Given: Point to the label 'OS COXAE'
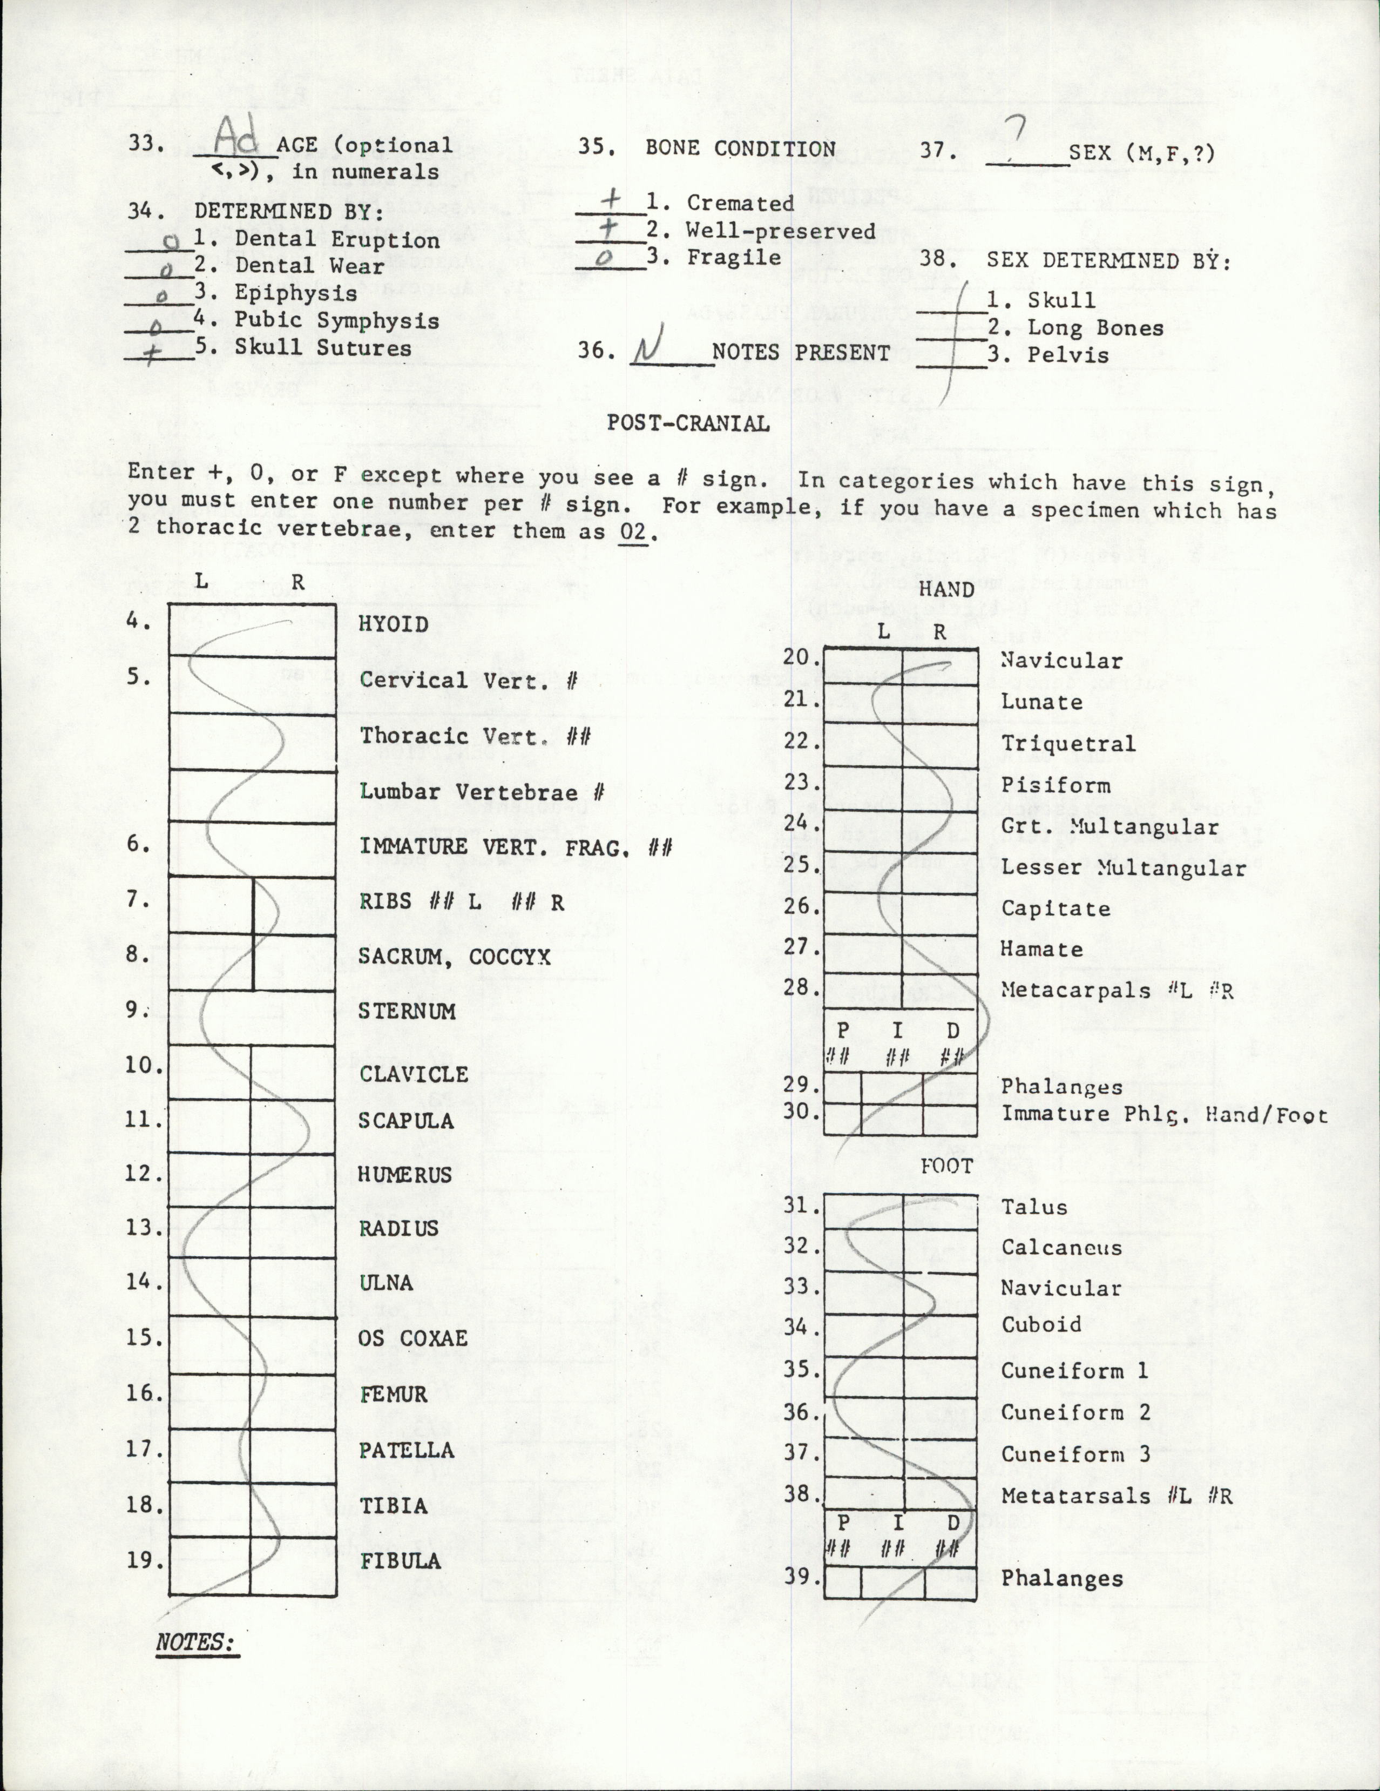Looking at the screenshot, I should coord(412,1338).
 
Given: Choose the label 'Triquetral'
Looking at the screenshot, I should coord(1067,743).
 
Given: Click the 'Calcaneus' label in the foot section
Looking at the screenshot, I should coord(1061,1247).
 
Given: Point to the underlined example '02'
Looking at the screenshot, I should coord(633,531).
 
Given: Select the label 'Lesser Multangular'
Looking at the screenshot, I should coord(1122,867).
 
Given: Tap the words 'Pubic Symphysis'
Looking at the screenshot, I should coord(336,321).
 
